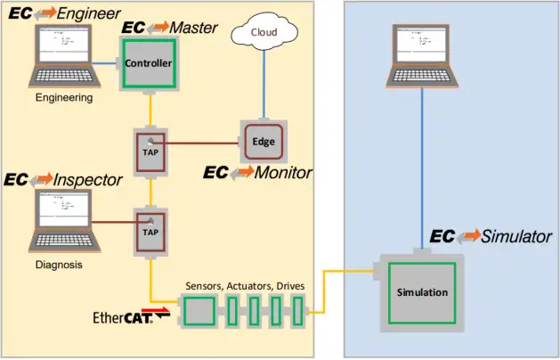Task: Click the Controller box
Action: coord(148,63)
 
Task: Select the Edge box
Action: coord(264,142)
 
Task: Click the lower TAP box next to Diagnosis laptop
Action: coord(150,230)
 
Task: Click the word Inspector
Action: coord(87,180)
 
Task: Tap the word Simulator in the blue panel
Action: coord(516,237)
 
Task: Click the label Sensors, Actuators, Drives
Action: coord(245,285)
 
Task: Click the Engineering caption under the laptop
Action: coord(63,98)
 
